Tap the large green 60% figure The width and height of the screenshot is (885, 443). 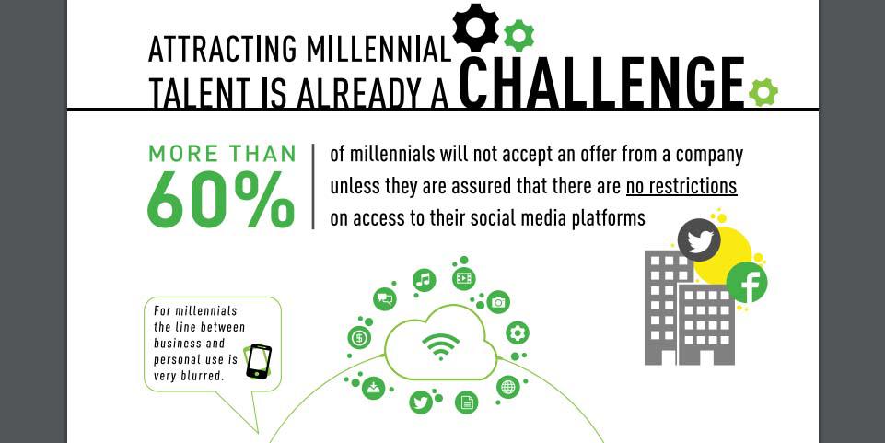click(x=221, y=199)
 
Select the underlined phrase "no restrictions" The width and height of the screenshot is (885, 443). click(x=681, y=186)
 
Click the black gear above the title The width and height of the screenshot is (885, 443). click(x=476, y=26)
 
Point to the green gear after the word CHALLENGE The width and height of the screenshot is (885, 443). click(x=763, y=92)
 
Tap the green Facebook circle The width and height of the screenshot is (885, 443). click(x=747, y=283)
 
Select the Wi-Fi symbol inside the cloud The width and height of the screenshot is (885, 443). click(x=441, y=346)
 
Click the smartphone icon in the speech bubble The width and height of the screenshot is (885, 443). click(x=259, y=362)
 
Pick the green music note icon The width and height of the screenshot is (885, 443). click(x=424, y=279)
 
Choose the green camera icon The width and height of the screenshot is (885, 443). click(x=498, y=302)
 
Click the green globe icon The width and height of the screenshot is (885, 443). click(x=508, y=387)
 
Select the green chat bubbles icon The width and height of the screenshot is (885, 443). click(x=385, y=298)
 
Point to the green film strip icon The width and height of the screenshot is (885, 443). click(x=463, y=278)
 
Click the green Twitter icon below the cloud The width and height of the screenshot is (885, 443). click(x=421, y=402)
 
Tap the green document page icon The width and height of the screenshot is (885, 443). click(x=466, y=402)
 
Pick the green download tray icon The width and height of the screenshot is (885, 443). click(x=373, y=388)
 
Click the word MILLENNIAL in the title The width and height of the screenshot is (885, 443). click(x=378, y=49)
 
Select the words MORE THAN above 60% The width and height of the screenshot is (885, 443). click(x=222, y=154)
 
